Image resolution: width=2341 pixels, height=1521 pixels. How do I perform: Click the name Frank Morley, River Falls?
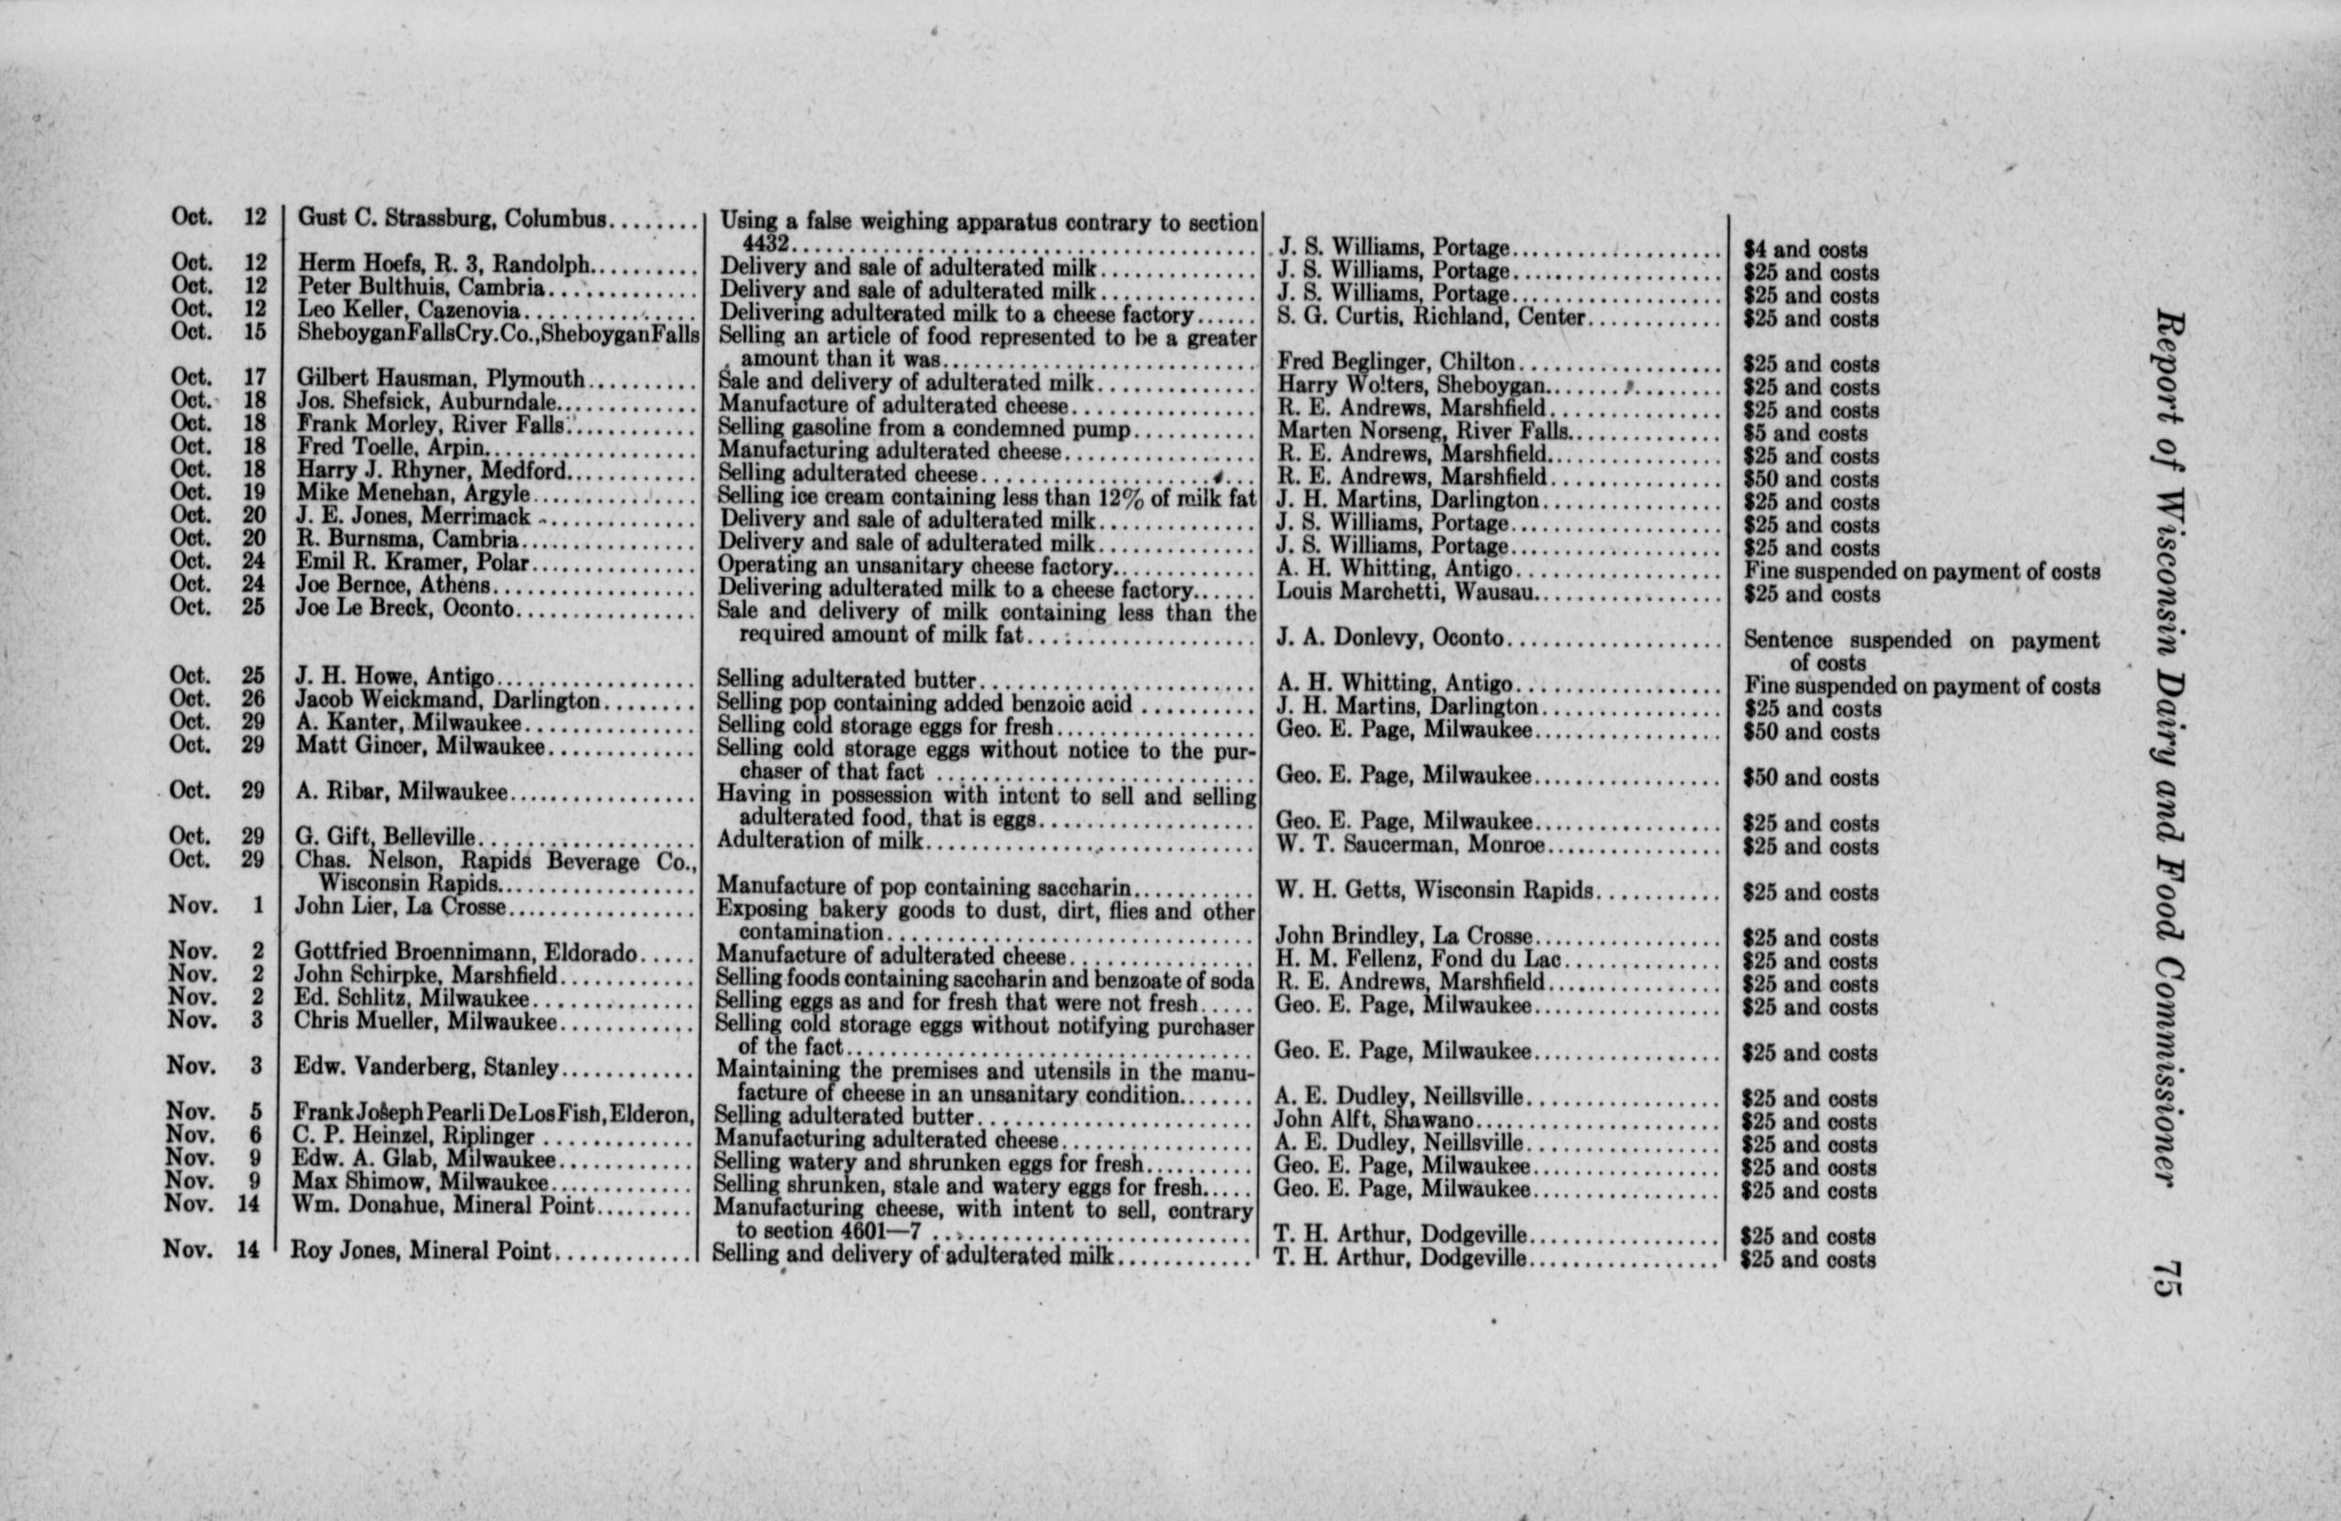[x=430, y=426]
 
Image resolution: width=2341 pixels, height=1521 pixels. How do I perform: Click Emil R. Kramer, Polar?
[x=413, y=563]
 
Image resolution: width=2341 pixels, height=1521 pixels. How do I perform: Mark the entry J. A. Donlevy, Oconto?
[x=1389, y=637]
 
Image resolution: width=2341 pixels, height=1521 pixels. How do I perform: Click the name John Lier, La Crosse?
[x=400, y=906]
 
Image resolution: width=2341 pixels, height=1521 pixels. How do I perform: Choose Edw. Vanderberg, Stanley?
[x=426, y=1067]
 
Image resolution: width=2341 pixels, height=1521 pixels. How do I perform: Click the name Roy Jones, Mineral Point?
[x=421, y=1251]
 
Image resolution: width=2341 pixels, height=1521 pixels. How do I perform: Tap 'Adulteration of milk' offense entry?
[x=820, y=841]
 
